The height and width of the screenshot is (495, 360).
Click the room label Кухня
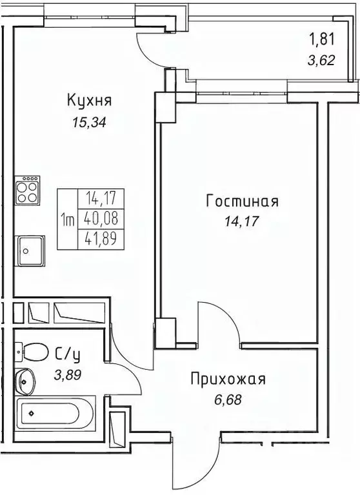coord(89,101)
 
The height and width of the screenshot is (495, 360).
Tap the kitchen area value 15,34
coord(89,122)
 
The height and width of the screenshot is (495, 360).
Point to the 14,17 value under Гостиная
coord(242,223)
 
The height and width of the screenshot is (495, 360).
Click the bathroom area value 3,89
coord(67,374)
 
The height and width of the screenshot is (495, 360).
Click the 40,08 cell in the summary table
coord(93,219)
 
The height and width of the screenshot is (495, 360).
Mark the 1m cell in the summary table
coord(67,219)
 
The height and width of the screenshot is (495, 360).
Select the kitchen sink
coord(30,248)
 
